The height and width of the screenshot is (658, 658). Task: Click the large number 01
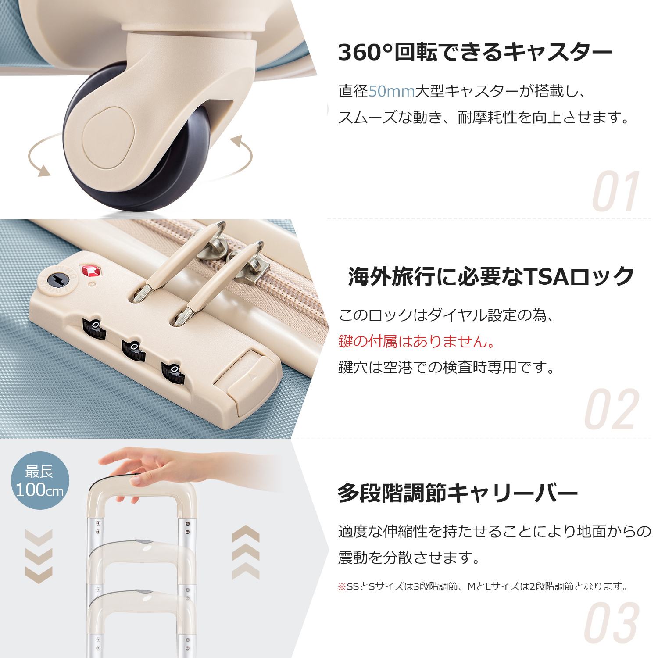[616, 191]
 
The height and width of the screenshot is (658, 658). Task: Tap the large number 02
[612, 409]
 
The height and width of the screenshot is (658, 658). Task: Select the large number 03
[612, 622]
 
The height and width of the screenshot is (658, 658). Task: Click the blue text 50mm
[391, 91]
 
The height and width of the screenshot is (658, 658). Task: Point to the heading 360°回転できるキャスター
[475, 52]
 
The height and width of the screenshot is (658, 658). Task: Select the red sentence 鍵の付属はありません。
[417, 341]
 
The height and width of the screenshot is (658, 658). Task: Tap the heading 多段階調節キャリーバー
[458, 493]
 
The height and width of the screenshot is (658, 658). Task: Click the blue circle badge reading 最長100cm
[40, 480]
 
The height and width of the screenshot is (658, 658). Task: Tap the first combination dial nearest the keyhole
[94, 329]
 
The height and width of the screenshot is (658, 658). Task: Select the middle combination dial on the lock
[133, 350]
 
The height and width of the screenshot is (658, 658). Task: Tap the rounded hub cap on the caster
[108, 138]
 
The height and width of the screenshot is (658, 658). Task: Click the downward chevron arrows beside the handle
[39, 556]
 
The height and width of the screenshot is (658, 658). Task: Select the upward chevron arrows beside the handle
[246, 552]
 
